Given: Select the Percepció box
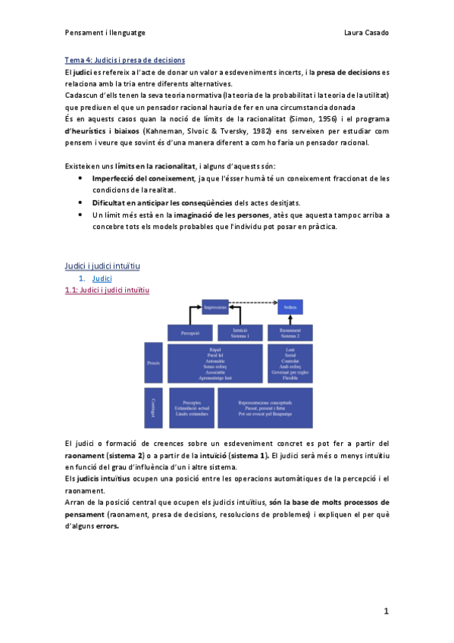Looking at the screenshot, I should [x=190, y=333].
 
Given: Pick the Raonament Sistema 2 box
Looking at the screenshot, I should [x=290, y=333].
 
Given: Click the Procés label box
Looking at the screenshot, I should [x=154, y=362].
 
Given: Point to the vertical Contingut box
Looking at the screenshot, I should [x=154, y=407].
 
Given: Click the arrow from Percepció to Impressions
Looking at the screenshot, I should [x=189, y=315].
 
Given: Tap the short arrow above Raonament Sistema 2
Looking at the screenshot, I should [x=290, y=319].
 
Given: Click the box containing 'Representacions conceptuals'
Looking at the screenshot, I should [x=265, y=407].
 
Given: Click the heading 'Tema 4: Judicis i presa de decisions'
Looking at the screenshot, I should [x=125, y=60].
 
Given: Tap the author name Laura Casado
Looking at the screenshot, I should [x=366, y=34].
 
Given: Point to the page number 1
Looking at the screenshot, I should [x=386, y=610].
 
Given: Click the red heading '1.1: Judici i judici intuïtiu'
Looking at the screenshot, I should [x=108, y=290].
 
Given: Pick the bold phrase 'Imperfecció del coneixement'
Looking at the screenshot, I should [x=142, y=178].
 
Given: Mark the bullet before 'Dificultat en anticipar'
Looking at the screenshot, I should [x=81, y=202].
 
